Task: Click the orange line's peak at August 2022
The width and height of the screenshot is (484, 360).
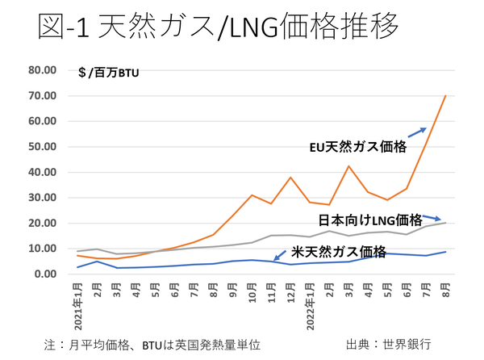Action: pos(445,95)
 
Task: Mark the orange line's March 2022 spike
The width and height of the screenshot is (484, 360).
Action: pos(349,166)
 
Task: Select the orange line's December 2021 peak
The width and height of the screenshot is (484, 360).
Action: pos(290,177)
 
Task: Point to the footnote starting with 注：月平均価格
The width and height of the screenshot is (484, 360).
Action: pos(153,344)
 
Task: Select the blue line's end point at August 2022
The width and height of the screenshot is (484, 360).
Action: pos(445,252)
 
